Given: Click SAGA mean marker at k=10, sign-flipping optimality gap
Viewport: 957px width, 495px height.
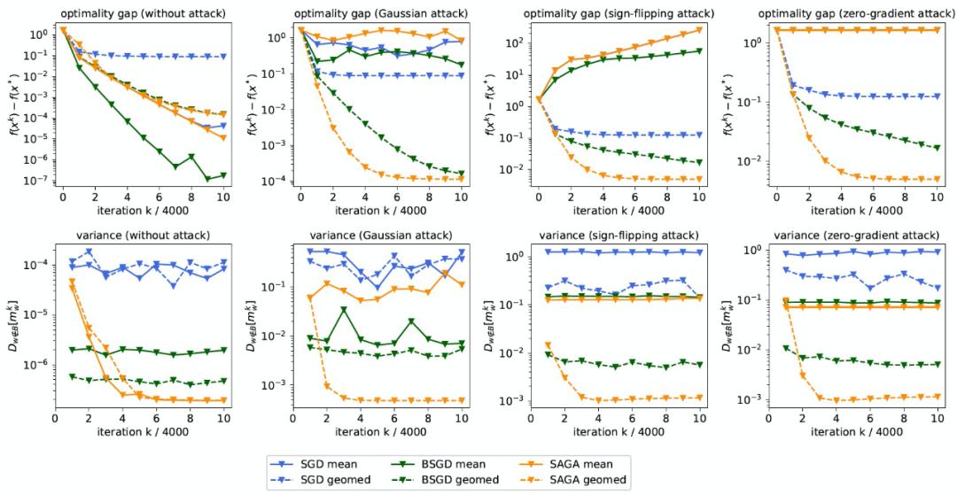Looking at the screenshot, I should point(700,29).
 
